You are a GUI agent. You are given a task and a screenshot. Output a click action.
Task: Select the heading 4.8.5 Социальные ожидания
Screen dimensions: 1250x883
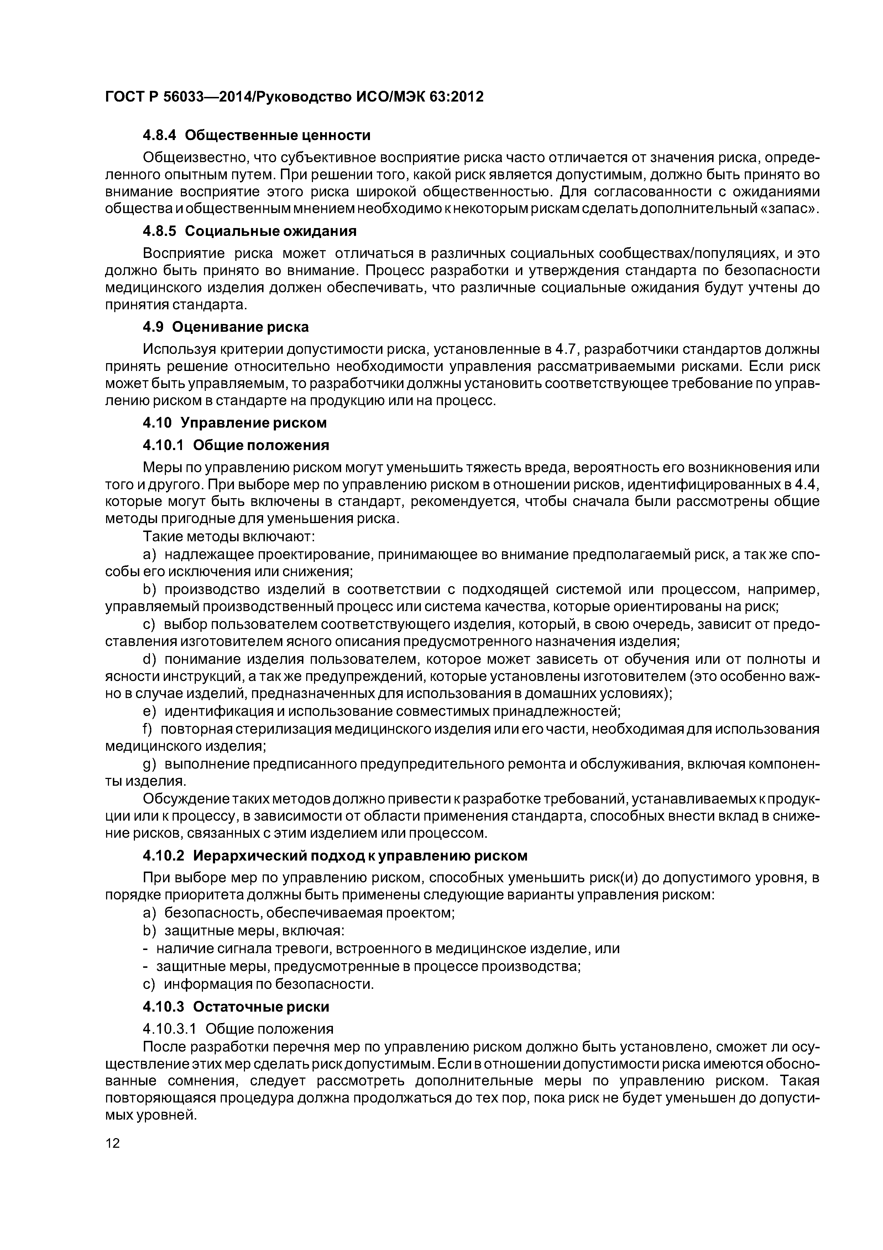click(249, 231)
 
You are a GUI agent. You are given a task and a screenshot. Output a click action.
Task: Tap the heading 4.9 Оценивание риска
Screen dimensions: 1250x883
click(225, 327)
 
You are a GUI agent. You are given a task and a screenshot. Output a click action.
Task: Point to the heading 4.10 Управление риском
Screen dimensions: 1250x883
click(235, 423)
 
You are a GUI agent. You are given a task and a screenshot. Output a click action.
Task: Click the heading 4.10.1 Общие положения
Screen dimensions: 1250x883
click(236, 445)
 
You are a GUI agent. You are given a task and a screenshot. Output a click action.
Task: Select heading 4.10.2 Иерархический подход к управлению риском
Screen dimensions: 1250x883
click(335, 856)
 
